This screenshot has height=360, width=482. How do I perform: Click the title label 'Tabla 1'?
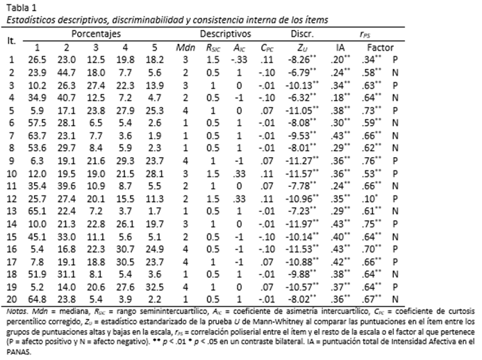[x=20, y=7]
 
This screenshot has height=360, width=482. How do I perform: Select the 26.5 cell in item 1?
[x=37, y=60]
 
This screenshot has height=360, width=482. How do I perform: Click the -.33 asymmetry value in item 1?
[x=239, y=60]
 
